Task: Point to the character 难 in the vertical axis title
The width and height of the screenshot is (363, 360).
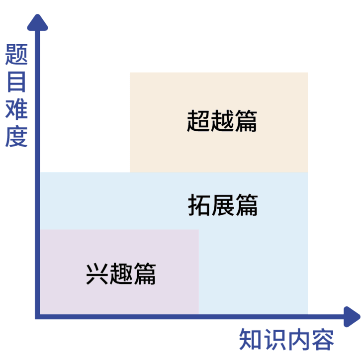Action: pos(16,109)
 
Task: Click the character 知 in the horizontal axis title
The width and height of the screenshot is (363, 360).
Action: pos(251,340)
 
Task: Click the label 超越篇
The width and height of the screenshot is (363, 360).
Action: pos(222,121)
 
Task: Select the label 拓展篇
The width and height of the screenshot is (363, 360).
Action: pos(223,205)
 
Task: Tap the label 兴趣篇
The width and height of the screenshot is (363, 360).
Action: pos(121,273)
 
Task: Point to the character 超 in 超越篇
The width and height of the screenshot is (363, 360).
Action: pos(198,121)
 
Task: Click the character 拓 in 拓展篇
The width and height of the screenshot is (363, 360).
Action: pos(199,205)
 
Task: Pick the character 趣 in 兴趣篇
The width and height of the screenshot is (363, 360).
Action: pos(121,273)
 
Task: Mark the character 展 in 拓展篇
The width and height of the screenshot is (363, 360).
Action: pos(223,205)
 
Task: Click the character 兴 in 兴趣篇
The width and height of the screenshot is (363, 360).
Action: pos(97,273)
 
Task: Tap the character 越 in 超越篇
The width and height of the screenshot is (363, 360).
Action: pos(222,121)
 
